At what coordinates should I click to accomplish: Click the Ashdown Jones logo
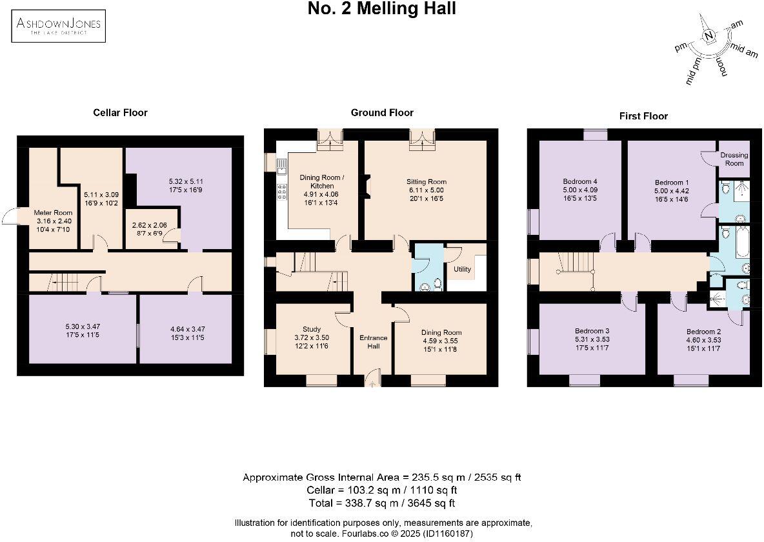[59, 25]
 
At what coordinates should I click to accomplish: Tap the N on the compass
[710, 35]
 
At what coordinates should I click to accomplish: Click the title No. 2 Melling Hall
[382, 9]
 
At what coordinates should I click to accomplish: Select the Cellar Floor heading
[121, 112]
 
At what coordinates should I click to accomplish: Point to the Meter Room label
[53, 212]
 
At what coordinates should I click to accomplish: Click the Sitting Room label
[427, 182]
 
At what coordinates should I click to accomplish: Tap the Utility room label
[463, 269]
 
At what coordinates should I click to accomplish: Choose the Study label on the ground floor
[312, 329]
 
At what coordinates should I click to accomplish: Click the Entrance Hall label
[373, 342]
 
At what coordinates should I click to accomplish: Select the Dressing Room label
[734, 159]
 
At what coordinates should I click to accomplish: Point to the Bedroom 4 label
[580, 181]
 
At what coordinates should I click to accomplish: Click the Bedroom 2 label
[703, 332]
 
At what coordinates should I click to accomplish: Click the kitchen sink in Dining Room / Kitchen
[281, 167]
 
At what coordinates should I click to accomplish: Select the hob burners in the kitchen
[281, 192]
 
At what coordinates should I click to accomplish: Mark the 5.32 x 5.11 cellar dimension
[186, 181]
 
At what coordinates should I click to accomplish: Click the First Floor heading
[643, 116]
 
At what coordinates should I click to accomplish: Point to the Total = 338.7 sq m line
[382, 503]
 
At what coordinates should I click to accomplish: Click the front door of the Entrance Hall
[373, 378]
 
